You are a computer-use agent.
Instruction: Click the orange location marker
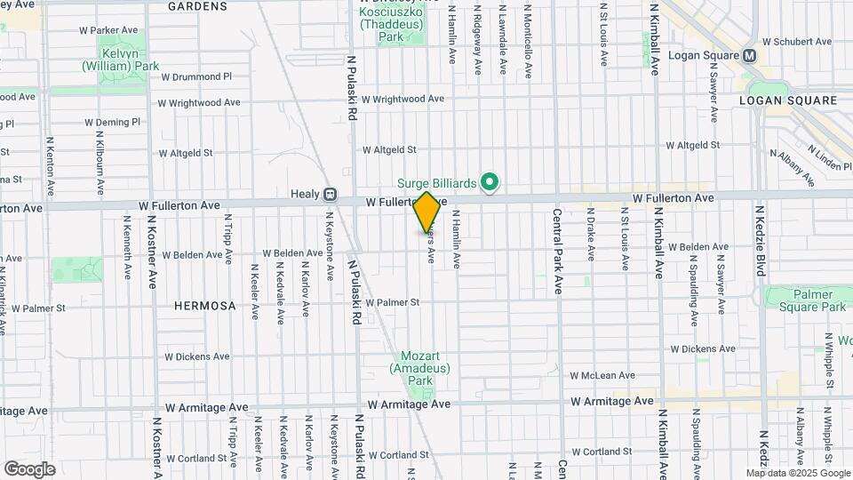tap(427, 212)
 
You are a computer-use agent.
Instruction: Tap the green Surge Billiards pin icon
tap(488, 183)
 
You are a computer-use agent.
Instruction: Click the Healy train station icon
tap(330, 193)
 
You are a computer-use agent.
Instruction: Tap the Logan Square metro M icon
tap(750, 55)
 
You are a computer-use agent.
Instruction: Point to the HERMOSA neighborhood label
tap(205, 306)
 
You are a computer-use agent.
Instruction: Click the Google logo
tap(29, 468)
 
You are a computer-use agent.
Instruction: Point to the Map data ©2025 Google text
tap(797, 473)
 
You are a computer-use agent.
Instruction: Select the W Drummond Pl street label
tap(195, 77)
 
